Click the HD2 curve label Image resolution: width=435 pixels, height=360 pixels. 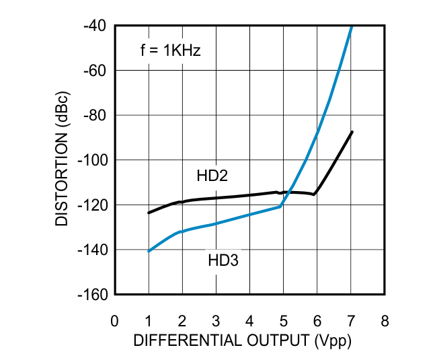click(x=212, y=176)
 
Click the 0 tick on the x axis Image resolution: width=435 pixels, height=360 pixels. click(x=115, y=320)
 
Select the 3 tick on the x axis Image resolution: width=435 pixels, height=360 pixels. click(x=216, y=320)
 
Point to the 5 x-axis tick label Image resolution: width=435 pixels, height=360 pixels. click(x=284, y=320)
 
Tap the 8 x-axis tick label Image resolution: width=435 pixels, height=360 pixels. click(x=385, y=320)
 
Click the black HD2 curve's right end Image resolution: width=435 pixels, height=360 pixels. click(x=352, y=132)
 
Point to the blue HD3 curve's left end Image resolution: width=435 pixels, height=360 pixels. click(x=149, y=251)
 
